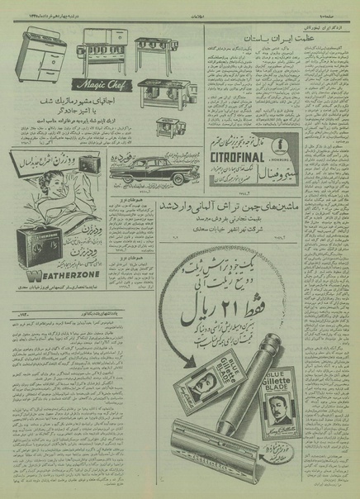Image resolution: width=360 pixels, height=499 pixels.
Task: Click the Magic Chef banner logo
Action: (102, 83)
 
